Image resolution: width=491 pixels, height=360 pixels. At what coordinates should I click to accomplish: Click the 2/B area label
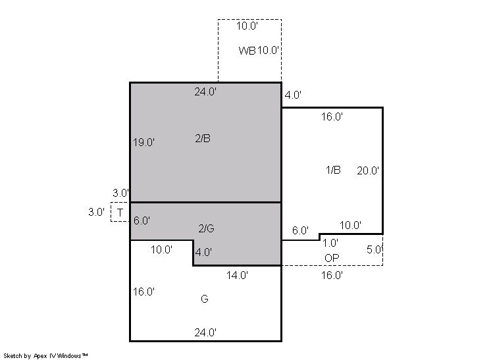coord(203,138)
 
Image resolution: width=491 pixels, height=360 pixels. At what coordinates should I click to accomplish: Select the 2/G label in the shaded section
coord(207,228)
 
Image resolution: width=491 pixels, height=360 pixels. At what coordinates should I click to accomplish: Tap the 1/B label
coord(333,170)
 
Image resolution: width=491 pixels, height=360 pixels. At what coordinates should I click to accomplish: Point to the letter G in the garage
coord(205,299)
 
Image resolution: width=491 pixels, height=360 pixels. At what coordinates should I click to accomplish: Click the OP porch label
coord(332,258)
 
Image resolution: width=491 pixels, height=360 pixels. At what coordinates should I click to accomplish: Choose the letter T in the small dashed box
coord(120,213)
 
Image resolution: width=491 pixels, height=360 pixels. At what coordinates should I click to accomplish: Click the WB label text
coord(247,51)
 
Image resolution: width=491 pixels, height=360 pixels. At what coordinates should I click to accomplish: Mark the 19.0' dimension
coord(143,142)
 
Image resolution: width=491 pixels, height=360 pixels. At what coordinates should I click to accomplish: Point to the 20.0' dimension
coord(368,170)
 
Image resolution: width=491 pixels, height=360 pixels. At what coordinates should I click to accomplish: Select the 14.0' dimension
coord(238,275)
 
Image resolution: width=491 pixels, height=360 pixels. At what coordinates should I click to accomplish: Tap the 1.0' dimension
coord(330,243)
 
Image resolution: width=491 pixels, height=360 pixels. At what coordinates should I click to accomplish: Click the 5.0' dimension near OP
coord(375,249)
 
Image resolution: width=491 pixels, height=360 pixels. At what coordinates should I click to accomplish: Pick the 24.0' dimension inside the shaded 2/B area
coord(205,91)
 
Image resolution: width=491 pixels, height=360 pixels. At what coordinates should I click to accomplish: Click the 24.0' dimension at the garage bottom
coord(205,332)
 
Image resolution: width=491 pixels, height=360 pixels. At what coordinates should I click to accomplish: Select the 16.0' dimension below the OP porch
coord(332,275)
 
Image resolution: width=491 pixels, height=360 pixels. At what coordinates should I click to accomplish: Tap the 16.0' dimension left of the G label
coord(143,292)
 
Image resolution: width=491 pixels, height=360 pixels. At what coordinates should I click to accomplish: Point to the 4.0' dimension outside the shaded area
coord(293,95)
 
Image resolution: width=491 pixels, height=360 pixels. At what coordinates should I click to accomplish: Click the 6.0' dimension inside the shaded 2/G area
coord(142,220)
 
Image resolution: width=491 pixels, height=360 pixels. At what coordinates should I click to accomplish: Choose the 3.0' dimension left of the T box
coord(97,212)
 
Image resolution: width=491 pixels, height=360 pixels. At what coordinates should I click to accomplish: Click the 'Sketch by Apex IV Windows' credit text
coord(45,356)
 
